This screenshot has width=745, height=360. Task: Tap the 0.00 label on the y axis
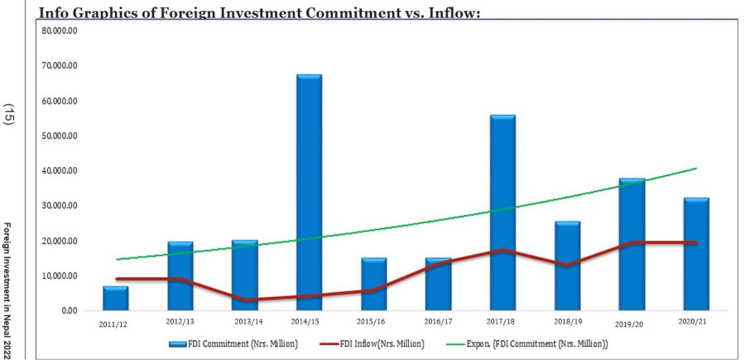pos(68,310)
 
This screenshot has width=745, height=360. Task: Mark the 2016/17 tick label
pos(438,319)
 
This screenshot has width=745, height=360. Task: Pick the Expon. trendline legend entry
pos(538,343)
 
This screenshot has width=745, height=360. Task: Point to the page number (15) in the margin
pos(10,114)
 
